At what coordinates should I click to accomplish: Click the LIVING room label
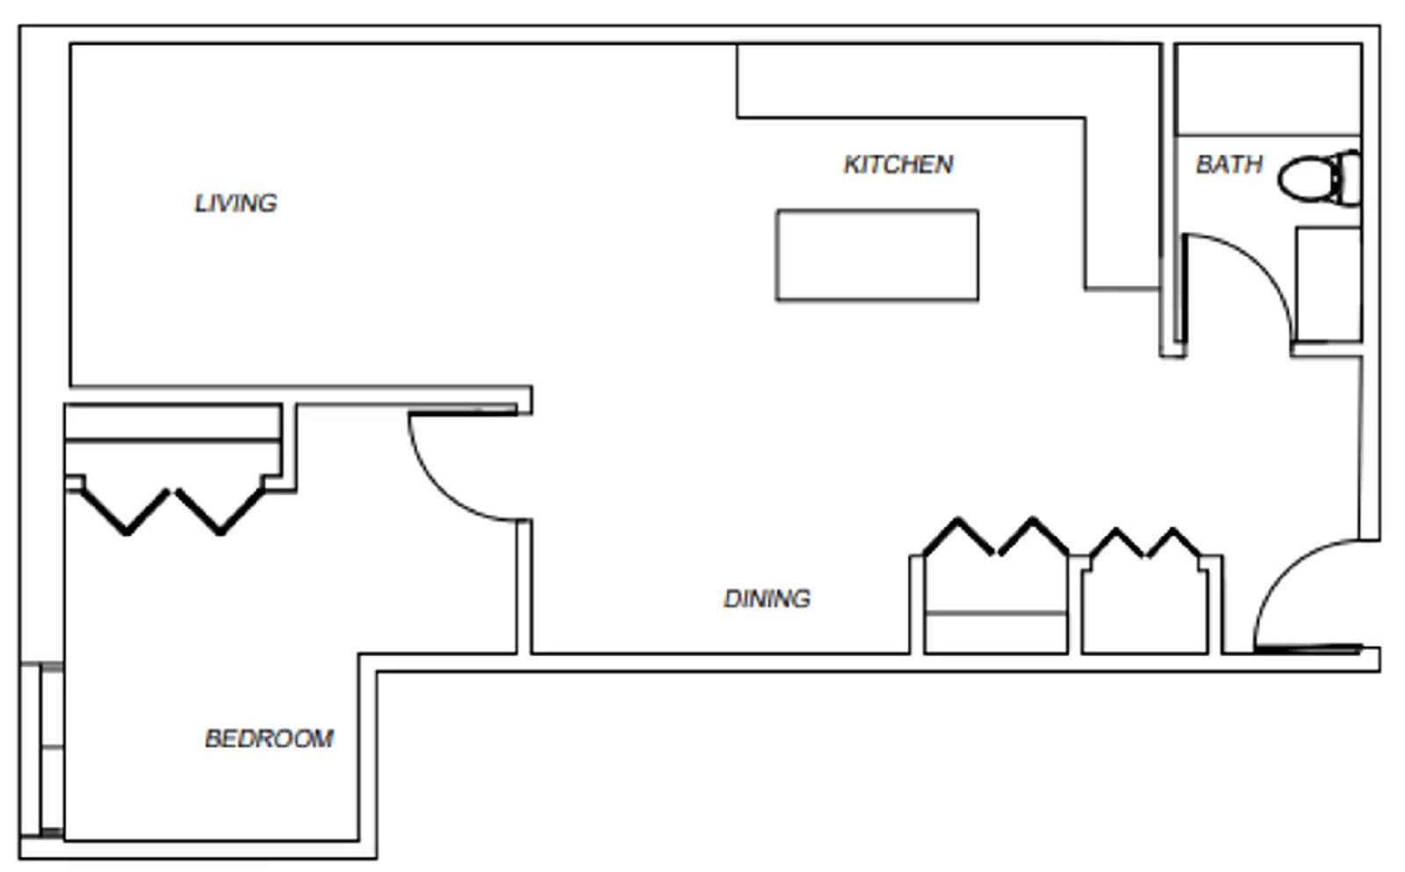(x=235, y=203)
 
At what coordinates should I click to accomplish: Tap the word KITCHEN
(x=897, y=164)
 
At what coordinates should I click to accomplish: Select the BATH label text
(x=1228, y=164)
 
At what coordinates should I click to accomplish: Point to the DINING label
(x=766, y=599)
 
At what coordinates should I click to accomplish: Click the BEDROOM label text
(x=269, y=739)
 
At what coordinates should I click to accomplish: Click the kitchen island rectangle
(x=876, y=256)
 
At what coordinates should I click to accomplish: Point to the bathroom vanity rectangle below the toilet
(x=1329, y=284)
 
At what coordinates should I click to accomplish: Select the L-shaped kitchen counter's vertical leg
(x=1121, y=202)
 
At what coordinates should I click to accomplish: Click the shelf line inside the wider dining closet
(x=995, y=613)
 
